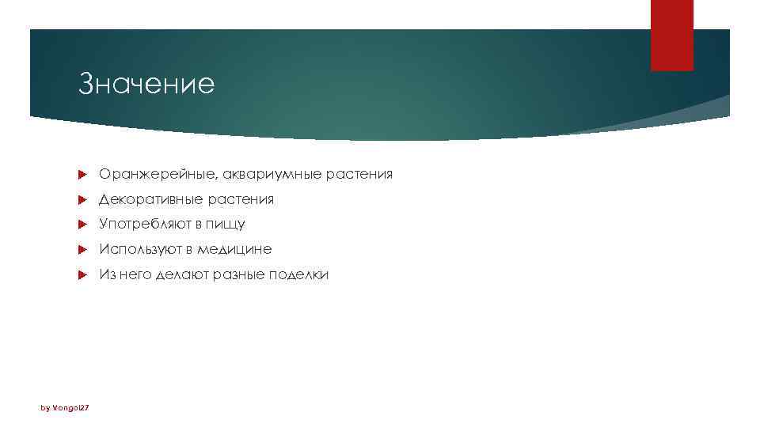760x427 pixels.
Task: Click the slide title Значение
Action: coord(146,84)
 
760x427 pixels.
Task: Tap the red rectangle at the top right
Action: coord(671,35)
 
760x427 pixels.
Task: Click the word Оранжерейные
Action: coord(158,174)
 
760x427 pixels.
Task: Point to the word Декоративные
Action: coord(148,199)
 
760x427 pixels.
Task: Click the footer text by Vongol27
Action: coord(66,407)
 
